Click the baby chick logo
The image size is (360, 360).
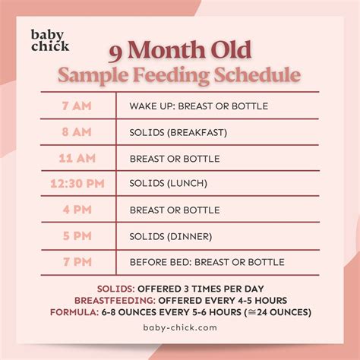[x=50, y=39]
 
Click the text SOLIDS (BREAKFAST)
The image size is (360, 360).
[x=178, y=132]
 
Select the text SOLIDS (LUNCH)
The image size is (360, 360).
[x=169, y=184]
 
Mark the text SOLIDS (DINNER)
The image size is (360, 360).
[x=172, y=235]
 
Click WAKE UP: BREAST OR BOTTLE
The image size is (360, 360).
[x=199, y=106]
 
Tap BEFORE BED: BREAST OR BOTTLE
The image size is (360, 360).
[x=207, y=262]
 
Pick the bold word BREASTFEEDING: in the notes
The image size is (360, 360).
[x=113, y=300]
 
